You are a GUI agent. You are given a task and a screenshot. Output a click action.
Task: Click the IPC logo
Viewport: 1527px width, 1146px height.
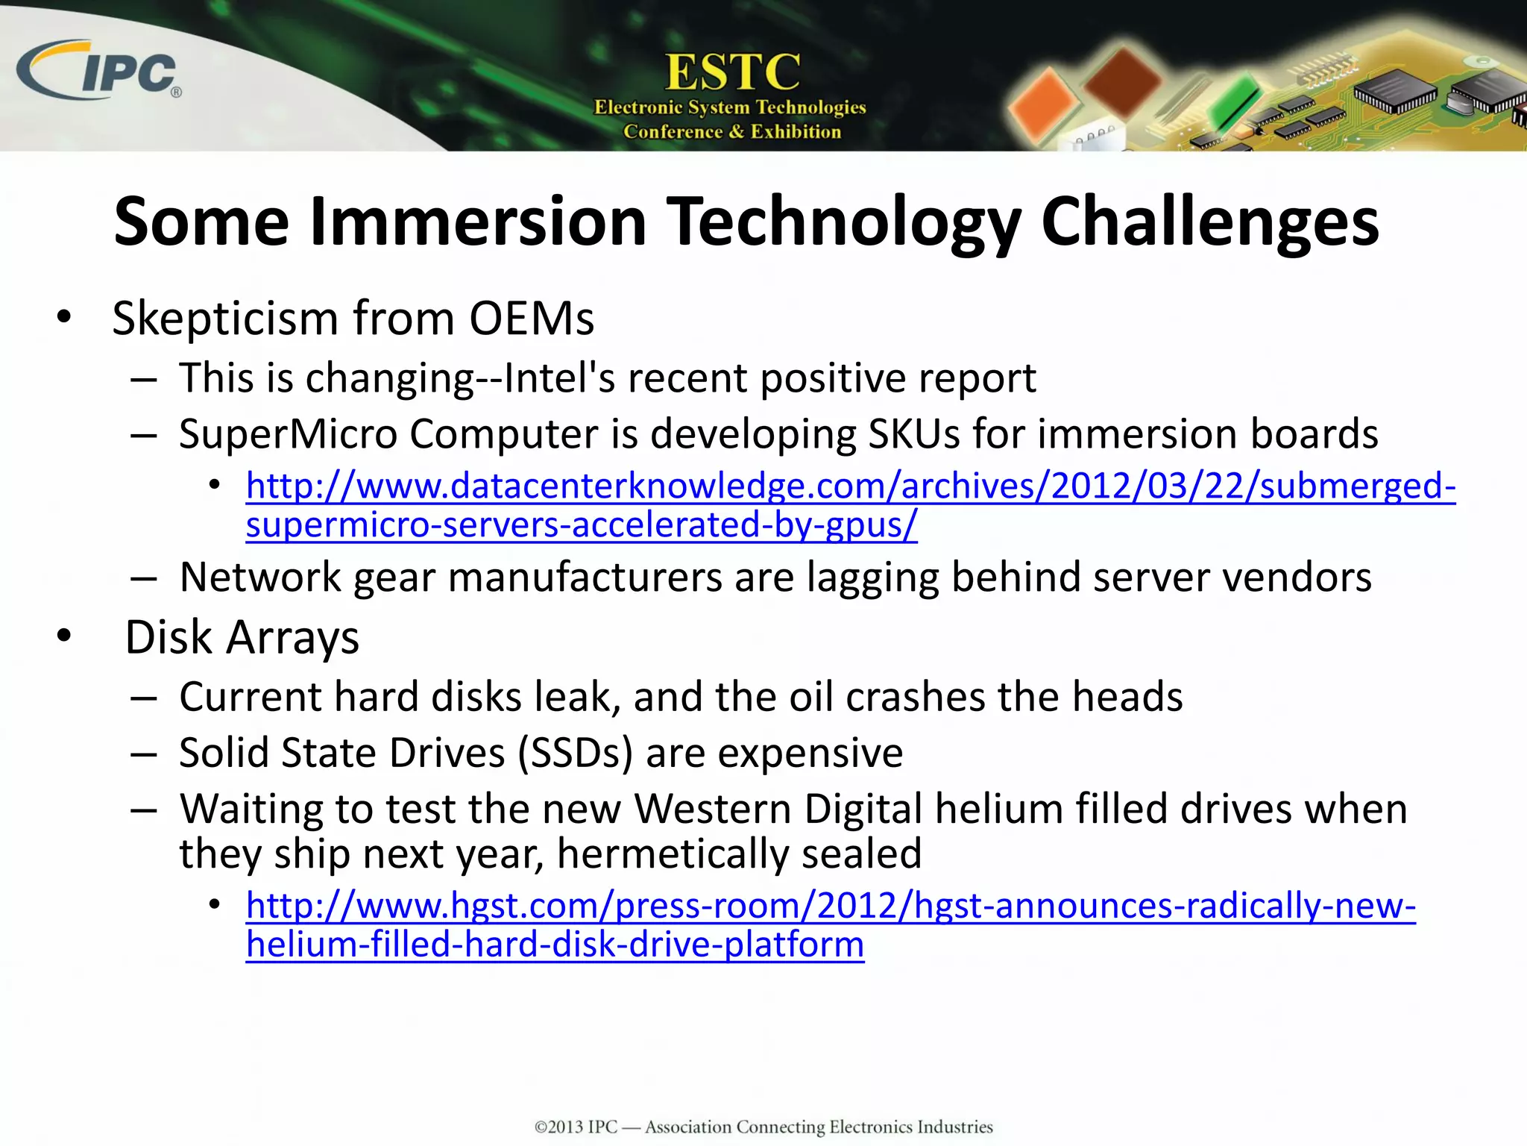click(x=101, y=71)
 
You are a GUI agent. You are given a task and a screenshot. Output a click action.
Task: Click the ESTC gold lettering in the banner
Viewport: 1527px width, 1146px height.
click(x=731, y=72)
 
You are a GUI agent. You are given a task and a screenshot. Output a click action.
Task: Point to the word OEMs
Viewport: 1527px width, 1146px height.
click(x=531, y=319)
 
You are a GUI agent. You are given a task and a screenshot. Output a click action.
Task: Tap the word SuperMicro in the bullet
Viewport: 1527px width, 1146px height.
click(x=288, y=433)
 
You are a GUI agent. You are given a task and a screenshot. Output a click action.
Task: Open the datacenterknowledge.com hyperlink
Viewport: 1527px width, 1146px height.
click(x=850, y=486)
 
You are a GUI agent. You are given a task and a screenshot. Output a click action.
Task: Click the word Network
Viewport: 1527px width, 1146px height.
click(x=260, y=577)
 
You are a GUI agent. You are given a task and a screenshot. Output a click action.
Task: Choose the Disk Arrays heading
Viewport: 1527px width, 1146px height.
click(x=242, y=638)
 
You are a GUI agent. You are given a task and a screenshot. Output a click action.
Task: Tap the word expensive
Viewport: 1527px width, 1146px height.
click(x=810, y=752)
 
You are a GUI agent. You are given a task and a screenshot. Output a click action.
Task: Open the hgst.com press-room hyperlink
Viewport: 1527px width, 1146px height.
click(x=830, y=906)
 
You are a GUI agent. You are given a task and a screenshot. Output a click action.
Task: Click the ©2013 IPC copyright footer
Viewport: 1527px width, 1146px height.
click(x=763, y=1127)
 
